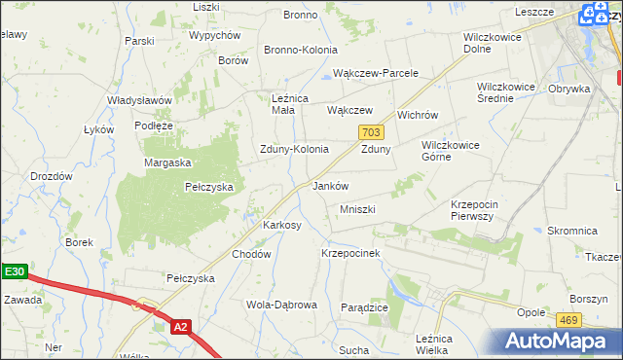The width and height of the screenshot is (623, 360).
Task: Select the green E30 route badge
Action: coord(13,273)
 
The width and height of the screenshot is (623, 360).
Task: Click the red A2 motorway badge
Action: coord(180,328)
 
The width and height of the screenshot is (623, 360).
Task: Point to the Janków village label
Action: coord(330,186)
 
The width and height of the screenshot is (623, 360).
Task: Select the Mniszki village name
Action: coord(357,209)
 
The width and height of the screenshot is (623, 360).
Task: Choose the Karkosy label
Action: coord(282,225)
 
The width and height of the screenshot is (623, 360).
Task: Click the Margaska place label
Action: coord(167,162)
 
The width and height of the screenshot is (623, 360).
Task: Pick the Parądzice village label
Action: coord(365,306)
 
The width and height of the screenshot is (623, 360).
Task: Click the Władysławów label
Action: coord(140,100)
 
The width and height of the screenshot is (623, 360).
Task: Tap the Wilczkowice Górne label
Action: coord(450,150)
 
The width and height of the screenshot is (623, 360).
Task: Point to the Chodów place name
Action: coord(250,253)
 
